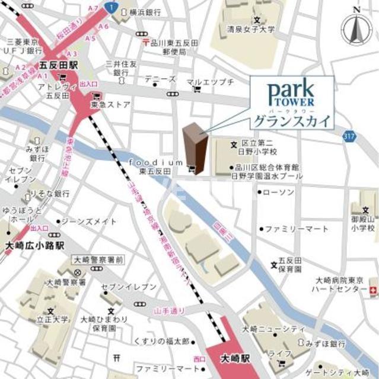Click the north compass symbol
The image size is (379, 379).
point(356,27)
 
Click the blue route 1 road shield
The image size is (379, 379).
point(111,7)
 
